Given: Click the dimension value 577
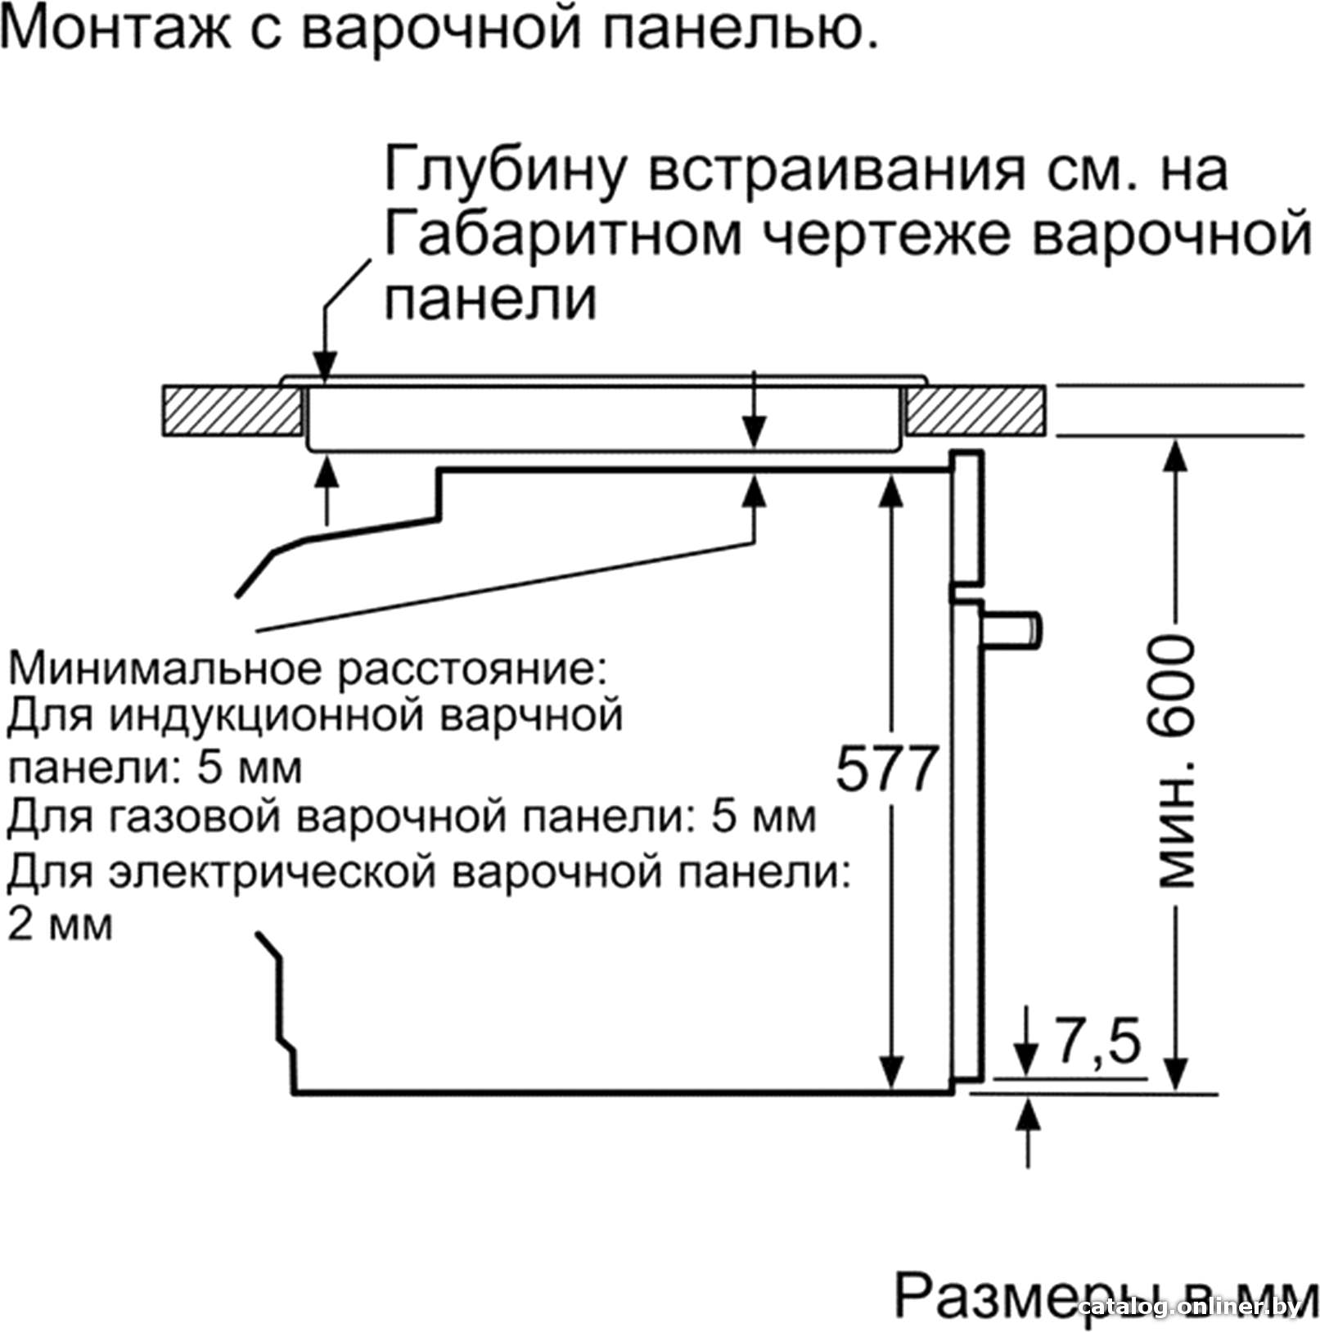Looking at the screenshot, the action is click(885, 769).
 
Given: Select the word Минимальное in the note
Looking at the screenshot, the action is click(168, 668).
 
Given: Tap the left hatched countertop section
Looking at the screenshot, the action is click(232, 411).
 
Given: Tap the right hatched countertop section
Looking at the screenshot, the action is click(976, 411).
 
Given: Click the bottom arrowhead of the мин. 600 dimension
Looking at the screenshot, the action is click(1175, 1073).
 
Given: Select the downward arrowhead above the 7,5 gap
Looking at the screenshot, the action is click(1025, 1060).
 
